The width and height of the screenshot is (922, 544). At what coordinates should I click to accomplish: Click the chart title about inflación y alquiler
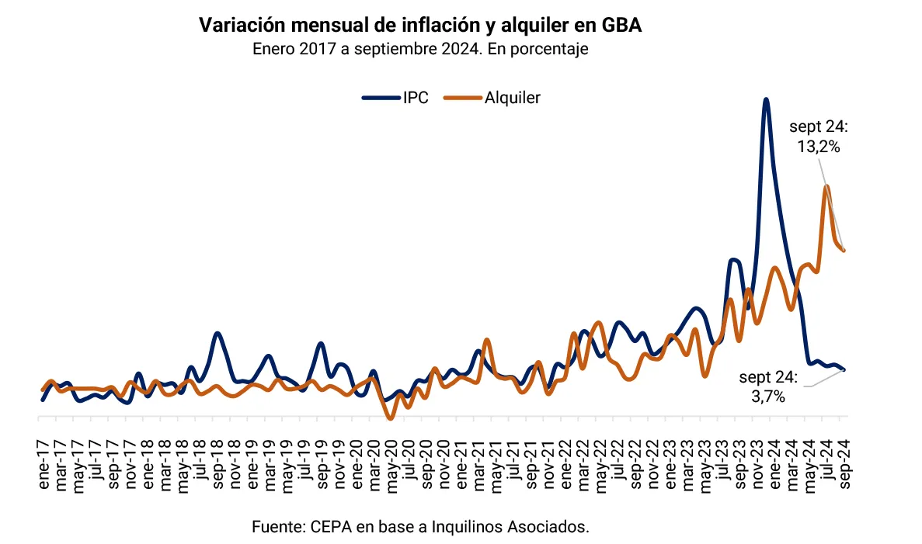pyautogui.click(x=420, y=26)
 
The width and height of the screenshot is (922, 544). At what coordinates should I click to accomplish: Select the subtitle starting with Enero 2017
pyautogui.click(x=420, y=49)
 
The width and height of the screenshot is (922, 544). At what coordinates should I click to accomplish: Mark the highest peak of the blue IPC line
pyautogui.click(x=766, y=100)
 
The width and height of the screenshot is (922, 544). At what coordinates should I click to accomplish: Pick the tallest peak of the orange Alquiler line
pyautogui.click(x=826, y=186)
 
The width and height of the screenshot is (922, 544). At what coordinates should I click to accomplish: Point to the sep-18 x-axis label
pyautogui.click(x=217, y=463)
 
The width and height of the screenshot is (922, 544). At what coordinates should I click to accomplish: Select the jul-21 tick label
pyautogui.click(x=513, y=463)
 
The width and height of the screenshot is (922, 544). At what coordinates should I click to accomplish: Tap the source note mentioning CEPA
pyautogui.click(x=420, y=527)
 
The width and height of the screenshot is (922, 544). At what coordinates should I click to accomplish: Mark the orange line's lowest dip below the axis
pyautogui.click(x=391, y=418)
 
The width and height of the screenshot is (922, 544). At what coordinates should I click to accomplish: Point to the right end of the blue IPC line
pyautogui.click(x=844, y=370)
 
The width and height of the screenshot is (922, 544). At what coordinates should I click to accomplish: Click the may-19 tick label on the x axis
pyautogui.click(x=287, y=464)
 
